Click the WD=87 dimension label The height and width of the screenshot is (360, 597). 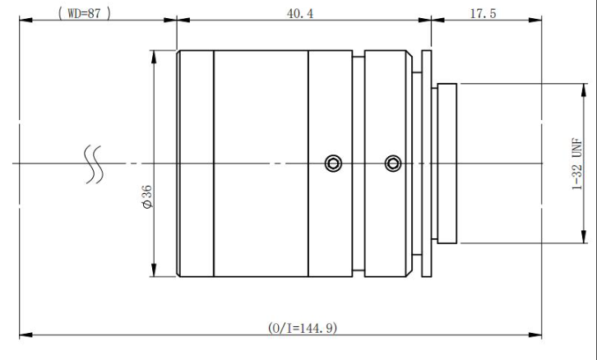[84, 13]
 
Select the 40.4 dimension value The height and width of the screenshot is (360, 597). [300, 14]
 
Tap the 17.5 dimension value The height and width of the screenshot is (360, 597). [484, 14]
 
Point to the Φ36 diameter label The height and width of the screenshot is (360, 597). [147, 196]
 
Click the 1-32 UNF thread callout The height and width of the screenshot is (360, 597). [577, 164]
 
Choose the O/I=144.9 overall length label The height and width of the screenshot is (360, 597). [303, 328]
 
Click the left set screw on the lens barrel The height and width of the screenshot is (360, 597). [333, 164]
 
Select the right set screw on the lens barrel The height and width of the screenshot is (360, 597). [393, 164]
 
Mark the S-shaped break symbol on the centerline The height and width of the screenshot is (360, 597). [93, 164]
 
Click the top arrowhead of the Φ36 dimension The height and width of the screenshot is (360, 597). [154, 57]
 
